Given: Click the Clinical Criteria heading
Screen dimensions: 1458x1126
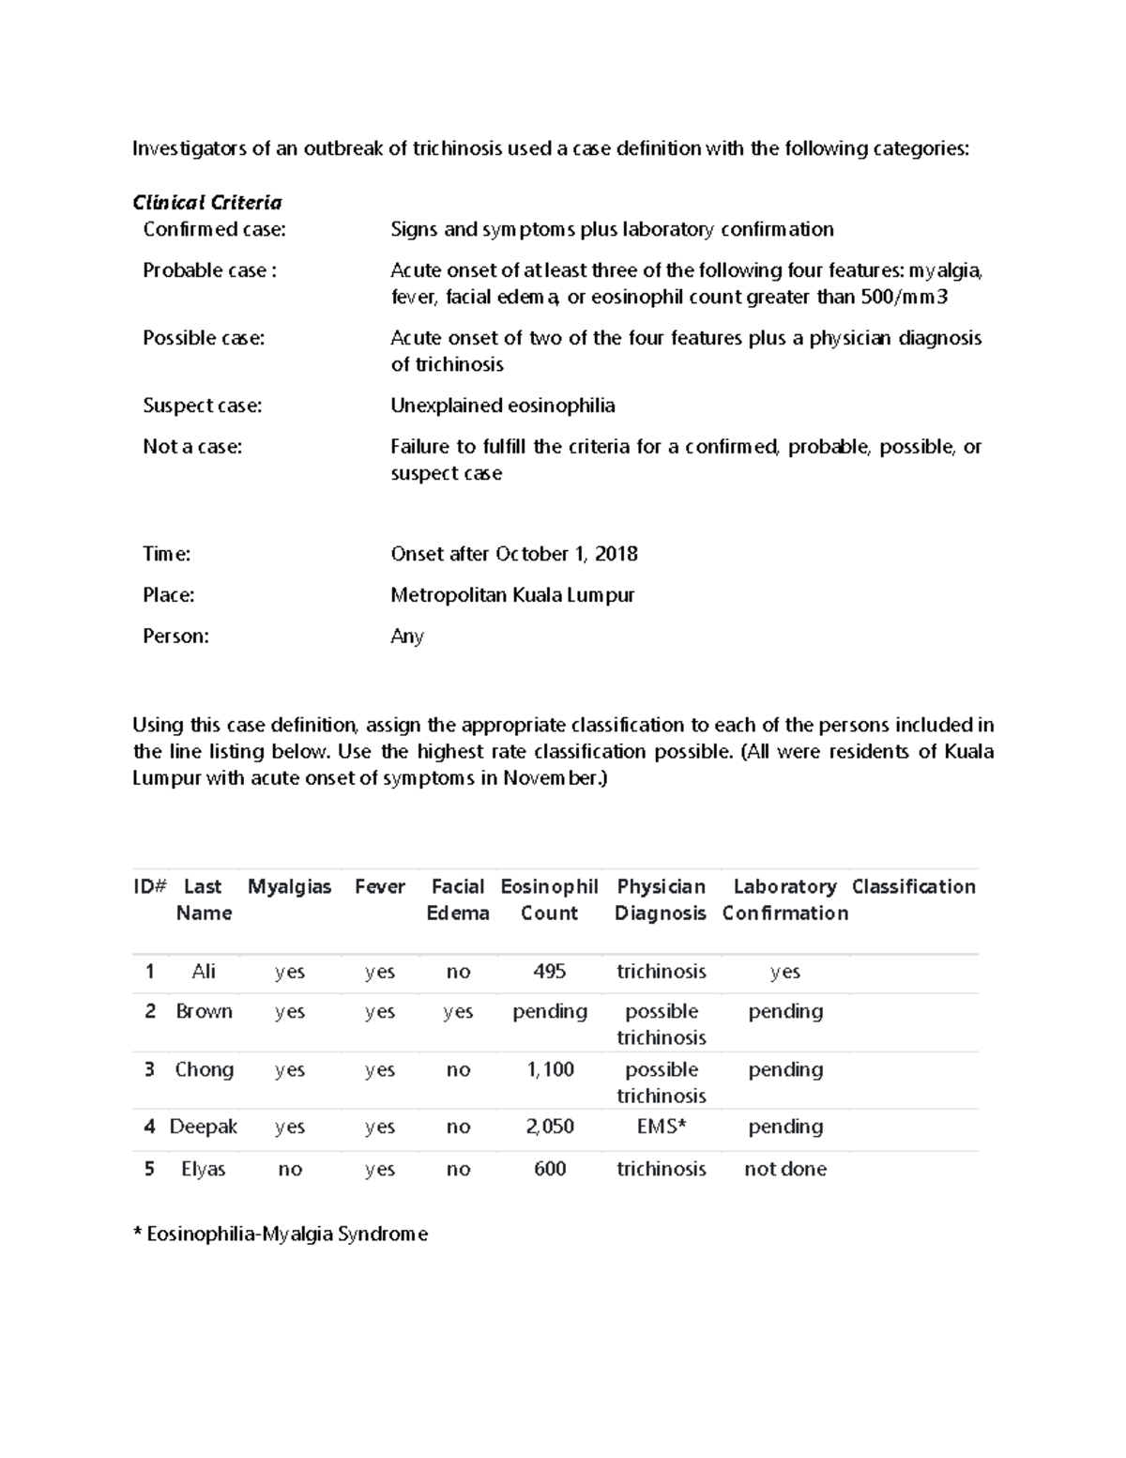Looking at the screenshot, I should [206, 203].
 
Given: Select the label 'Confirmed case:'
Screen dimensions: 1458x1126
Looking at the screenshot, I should [214, 229].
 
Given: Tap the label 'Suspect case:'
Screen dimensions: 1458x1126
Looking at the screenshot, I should [202, 406].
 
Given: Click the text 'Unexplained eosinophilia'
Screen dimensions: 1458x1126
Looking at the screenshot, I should [502, 406].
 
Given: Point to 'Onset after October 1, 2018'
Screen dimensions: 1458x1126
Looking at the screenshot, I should [513, 554].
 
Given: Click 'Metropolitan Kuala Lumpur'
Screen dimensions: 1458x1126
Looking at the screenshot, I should [512, 595].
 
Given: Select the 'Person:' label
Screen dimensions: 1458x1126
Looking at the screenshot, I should [175, 637].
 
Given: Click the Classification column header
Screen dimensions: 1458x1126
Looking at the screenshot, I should [913, 887].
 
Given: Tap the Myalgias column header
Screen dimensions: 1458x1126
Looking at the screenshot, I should [289, 887].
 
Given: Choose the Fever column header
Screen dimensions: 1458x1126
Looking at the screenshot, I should [379, 887].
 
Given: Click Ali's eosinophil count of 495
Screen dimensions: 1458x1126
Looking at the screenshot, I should [549, 972].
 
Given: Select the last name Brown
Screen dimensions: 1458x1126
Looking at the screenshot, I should [204, 1011].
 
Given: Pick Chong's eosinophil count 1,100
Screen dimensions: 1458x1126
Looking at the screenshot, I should [550, 1069].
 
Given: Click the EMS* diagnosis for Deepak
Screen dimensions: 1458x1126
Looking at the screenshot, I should [661, 1127].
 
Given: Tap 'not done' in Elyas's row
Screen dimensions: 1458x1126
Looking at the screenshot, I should [784, 1169].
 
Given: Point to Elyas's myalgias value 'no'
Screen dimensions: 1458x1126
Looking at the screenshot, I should [289, 1169].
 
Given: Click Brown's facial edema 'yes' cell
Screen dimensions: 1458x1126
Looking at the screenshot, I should [458, 1011].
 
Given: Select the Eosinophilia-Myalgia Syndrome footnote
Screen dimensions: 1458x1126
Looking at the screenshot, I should [281, 1235].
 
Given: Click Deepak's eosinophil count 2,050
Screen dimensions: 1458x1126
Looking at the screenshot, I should [550, 1127].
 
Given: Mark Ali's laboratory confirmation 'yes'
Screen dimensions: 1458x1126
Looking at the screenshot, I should [784, 972].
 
